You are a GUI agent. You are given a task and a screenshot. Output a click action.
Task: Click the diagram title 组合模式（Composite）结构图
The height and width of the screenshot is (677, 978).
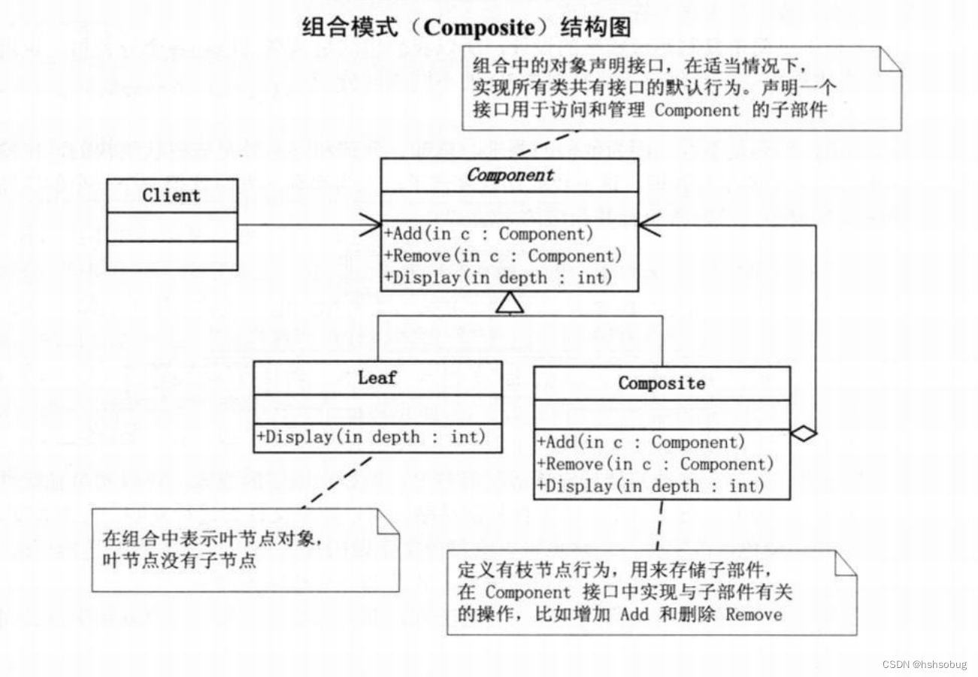coord(466,28)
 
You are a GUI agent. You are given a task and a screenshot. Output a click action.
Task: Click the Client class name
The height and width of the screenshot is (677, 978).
coord(171,195)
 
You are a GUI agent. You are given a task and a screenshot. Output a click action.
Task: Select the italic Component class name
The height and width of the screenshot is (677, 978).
coord(510,175)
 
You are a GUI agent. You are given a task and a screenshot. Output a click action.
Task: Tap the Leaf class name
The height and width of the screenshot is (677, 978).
coord(377,377)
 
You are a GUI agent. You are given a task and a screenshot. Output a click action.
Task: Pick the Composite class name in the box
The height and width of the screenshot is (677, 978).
coord(662,383)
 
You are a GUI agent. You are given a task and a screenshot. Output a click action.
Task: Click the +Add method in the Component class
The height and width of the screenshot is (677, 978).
coord(489,234)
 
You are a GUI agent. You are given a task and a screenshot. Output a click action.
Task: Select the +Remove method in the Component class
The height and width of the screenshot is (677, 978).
coord(503,255)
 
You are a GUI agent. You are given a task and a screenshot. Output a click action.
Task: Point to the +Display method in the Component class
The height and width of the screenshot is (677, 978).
coord(498,277)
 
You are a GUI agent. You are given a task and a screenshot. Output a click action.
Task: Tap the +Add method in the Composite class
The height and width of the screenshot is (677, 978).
coord(640,442)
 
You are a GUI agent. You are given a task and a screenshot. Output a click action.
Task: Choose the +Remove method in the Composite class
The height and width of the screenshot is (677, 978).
coord(654,464)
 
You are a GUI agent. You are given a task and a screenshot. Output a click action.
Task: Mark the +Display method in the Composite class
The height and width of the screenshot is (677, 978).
coord(649,485)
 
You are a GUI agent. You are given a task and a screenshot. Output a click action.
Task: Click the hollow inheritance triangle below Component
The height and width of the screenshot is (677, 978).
coord(510,303)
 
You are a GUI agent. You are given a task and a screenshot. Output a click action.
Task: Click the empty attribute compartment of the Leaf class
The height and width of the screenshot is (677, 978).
coord(377,409)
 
